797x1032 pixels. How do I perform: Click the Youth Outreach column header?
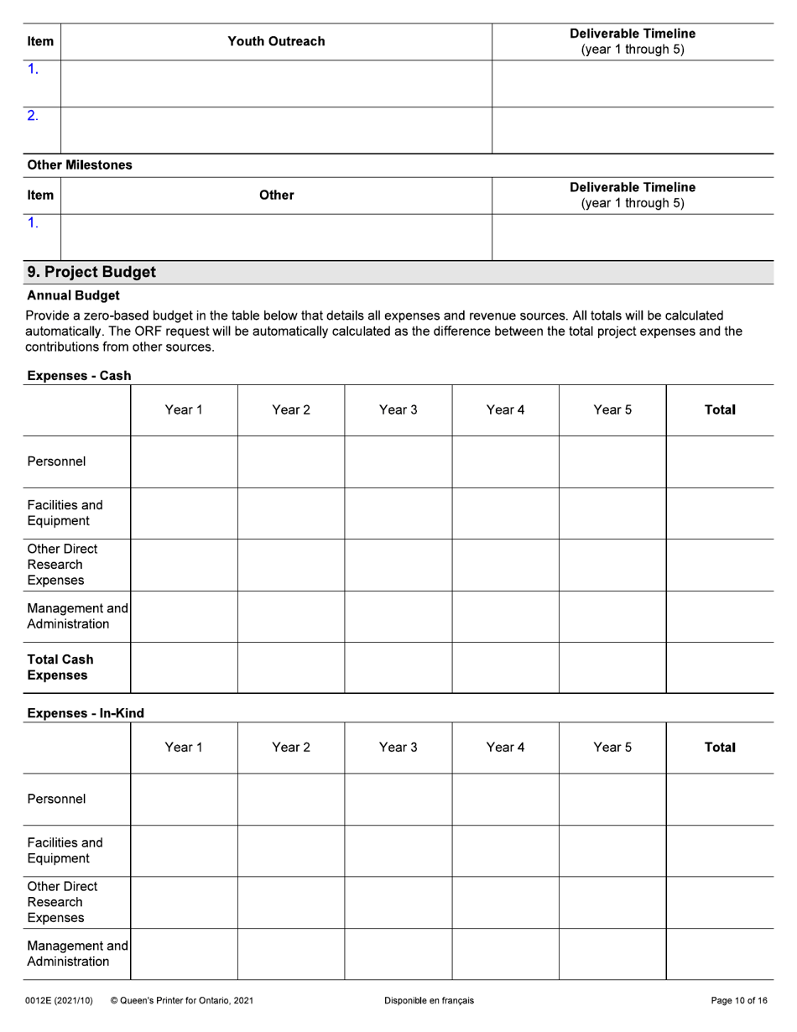[x=276, y=41]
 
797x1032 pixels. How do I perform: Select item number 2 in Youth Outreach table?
[x=33, y=116]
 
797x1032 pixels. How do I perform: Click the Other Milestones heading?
[x=80, y=165]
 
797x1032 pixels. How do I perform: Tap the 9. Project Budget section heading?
[x=91, y=272]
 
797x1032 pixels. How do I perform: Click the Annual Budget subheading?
[x=73, y=295]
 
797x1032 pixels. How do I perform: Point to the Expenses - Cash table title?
[x=79, y=376]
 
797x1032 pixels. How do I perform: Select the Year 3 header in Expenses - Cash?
[x=398, y=410]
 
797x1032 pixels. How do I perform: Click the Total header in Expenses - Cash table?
[x=719, y=410]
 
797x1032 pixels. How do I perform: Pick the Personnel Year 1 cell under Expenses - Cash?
[x=184, y=461]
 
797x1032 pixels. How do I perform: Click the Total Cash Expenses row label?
[x=60, y=667]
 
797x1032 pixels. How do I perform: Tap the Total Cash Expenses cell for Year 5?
[x=612, y=668]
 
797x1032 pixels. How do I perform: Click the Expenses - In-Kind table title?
[x=86, y=713]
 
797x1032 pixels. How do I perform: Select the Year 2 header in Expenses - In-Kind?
[x=291, y=748]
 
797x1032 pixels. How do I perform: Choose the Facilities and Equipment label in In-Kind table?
[x=65, y=850]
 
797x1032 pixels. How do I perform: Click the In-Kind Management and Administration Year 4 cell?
[x=505, y=953]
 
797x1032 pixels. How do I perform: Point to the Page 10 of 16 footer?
[x=738, y=1000]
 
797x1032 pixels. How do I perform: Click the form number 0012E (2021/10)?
[x=59, y=1000]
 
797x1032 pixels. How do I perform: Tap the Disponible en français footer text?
[x=429, y=1000]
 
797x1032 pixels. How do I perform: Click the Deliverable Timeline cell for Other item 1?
[x=632, y=237]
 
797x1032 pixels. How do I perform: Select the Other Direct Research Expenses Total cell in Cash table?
[x=719, y=565]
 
